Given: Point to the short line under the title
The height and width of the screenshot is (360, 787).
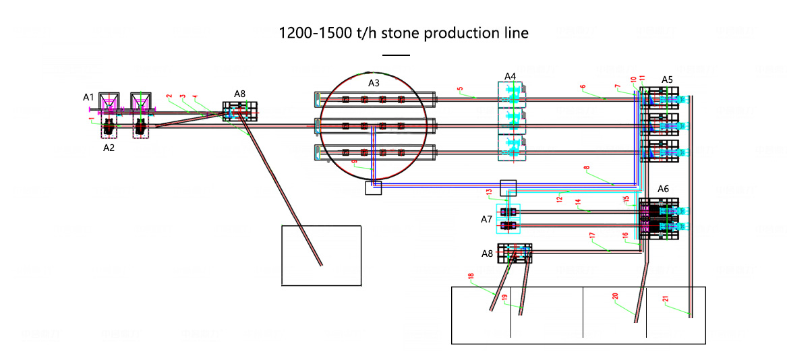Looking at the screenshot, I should pyautogui.click(x=396, y=55).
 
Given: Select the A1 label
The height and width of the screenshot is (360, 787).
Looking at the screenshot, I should pyautogui.click(x=88, y=98).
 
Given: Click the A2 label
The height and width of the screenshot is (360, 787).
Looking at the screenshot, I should pyautogui.click(x=109, y=146).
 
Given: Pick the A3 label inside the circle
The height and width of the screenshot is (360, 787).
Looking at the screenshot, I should pyautogui.click(x=374, y=83).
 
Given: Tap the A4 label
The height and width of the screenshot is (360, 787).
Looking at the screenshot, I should pyautogui.click(x=510, y=76).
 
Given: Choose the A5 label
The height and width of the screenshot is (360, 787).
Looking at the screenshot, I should pyautogui.click(x=667, y=80).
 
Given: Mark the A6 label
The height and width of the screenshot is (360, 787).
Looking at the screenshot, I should pyautogui.click(x=663, y=189).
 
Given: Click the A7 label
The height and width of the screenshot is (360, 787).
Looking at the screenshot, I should pyautogui.click(x=486, y=219).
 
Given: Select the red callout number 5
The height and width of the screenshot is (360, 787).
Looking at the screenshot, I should pyautogui.click(x=460, y=89).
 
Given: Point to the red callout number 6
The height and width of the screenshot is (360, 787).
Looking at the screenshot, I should pyautogui.click(x=583, y=87).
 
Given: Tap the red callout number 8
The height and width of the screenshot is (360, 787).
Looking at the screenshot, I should pyautogui.click(x=586, y=167).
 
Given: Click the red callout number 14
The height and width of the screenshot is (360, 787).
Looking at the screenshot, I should pyautogui.click(x=578, y=202).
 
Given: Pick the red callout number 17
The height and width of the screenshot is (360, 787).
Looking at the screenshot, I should pyautogui.click(x=592, y=236).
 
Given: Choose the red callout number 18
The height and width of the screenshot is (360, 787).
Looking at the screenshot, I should pyautogui.click(x=471, y=276).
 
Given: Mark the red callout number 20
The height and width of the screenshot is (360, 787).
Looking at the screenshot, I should pyautogui.click(x=614, y=296).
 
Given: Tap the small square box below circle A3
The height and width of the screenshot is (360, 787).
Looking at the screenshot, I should pyautogui.click(x=373, y=188).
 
